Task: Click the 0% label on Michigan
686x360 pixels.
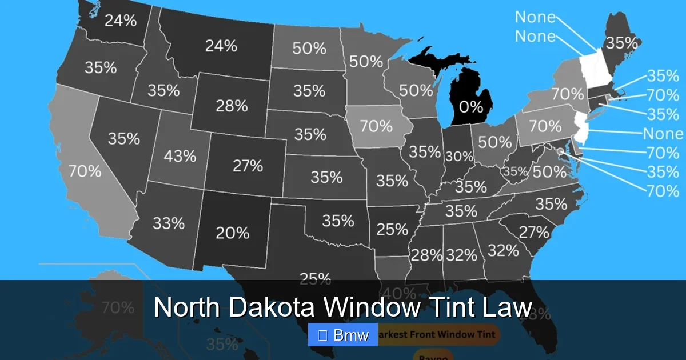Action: (471, 107)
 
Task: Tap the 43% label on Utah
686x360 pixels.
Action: (180, 155)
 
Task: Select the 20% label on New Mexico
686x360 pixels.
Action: (232, 233)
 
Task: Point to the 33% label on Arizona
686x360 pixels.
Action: (169, 223)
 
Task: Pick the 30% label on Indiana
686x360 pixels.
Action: (460, 156)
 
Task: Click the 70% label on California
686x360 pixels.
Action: (85, 170)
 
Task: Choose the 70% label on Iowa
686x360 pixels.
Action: (376, 126)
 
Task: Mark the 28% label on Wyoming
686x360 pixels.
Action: (232, 106)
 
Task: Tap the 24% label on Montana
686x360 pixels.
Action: (221, 46)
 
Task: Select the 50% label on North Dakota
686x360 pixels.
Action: (309, 49)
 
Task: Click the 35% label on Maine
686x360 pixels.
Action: (621, 43)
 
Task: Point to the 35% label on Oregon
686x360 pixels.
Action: (101, 67)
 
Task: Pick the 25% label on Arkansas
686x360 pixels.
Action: (392, 230)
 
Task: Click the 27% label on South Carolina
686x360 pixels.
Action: (534, 233)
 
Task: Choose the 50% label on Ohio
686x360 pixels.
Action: (495, 142)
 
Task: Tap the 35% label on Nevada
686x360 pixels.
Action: (124, 138)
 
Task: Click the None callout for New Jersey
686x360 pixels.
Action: (663, 134)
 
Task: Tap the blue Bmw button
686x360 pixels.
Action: (343, 335)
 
